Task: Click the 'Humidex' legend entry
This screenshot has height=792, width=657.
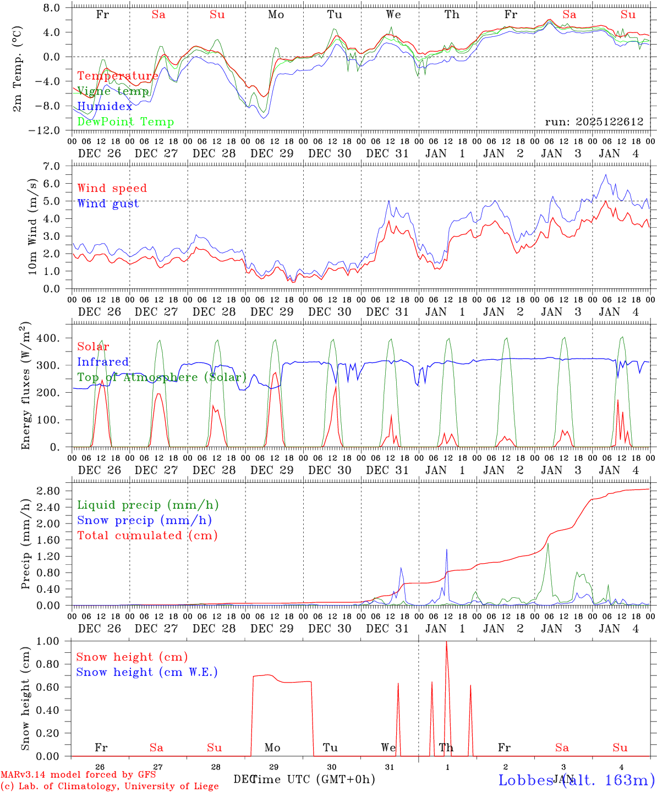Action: [x=105, y=107]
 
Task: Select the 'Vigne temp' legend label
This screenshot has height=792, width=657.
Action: [x=113, y=91]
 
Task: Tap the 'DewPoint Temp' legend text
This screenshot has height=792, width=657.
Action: [x=125, y=122]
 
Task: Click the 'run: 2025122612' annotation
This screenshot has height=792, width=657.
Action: [x=594, y=122]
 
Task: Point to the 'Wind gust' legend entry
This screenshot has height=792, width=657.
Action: [x=108, y=204]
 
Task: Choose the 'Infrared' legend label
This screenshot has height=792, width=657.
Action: [x=103, y=362]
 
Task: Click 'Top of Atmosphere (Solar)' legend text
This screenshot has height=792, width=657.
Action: [x=162, y=377]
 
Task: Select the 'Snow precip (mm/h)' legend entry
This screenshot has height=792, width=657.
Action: [x=144, y=520]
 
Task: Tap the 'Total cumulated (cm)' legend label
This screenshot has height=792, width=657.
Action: [x=147, y=536]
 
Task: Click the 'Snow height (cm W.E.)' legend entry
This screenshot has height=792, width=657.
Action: [x=146, y=672]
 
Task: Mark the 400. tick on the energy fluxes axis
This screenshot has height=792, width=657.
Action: [x=48, y=338]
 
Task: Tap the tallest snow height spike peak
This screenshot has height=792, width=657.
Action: [x=446, y=642]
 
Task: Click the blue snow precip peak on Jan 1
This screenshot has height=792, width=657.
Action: [x=447, y=549]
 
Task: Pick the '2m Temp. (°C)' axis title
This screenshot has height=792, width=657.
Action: [x=18, y=69]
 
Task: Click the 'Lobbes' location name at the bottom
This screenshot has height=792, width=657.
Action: [x=525, y=780]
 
